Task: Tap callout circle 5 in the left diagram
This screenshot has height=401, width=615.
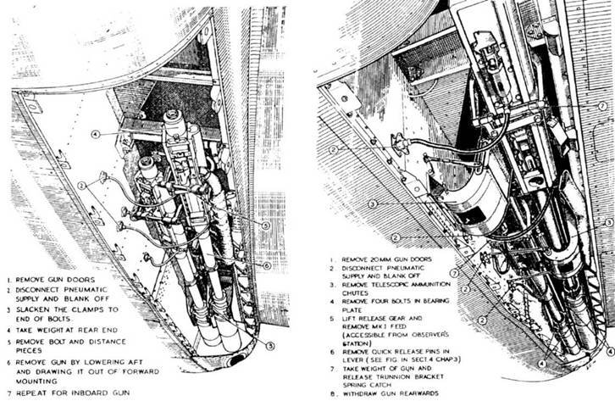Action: (x=265, y=226)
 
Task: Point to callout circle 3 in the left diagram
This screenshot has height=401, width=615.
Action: (x=269, y=345)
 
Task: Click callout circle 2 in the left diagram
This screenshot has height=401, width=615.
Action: (x=81, y=186)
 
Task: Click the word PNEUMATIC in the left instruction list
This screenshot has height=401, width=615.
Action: (x=91, y=290)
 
